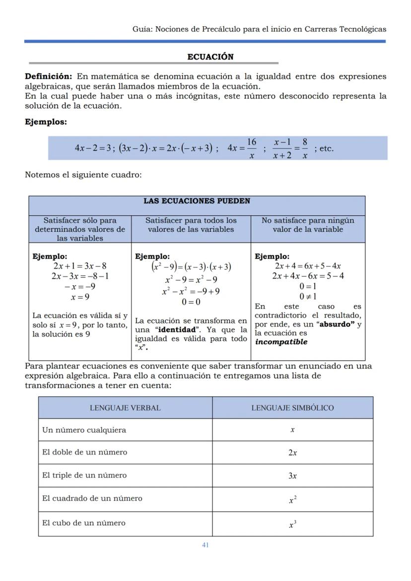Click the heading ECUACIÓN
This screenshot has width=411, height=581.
tap(210, 57)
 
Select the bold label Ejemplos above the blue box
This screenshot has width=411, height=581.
tap(46, 122)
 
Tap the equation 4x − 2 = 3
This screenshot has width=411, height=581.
tap(93, 148)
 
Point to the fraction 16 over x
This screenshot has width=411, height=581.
tap(251, 148)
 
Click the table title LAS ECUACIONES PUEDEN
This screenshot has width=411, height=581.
tap(197, 201)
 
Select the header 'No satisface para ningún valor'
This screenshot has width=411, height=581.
tap(308, 225)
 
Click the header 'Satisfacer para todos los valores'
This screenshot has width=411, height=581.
tap(191, 225)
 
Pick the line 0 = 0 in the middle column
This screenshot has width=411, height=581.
tap(191, 302)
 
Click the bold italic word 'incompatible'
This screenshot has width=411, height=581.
tap(281, 342)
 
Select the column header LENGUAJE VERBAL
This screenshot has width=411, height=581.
tap(125, 408)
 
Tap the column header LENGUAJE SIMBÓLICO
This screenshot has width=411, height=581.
tap(292, 408)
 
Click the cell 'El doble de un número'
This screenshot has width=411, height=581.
tap(84, 452)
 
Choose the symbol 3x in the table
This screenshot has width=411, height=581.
tap(293, 476)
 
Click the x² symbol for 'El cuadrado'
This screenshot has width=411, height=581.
tap(293, 500)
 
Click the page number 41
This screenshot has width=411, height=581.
tap(205, 545)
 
